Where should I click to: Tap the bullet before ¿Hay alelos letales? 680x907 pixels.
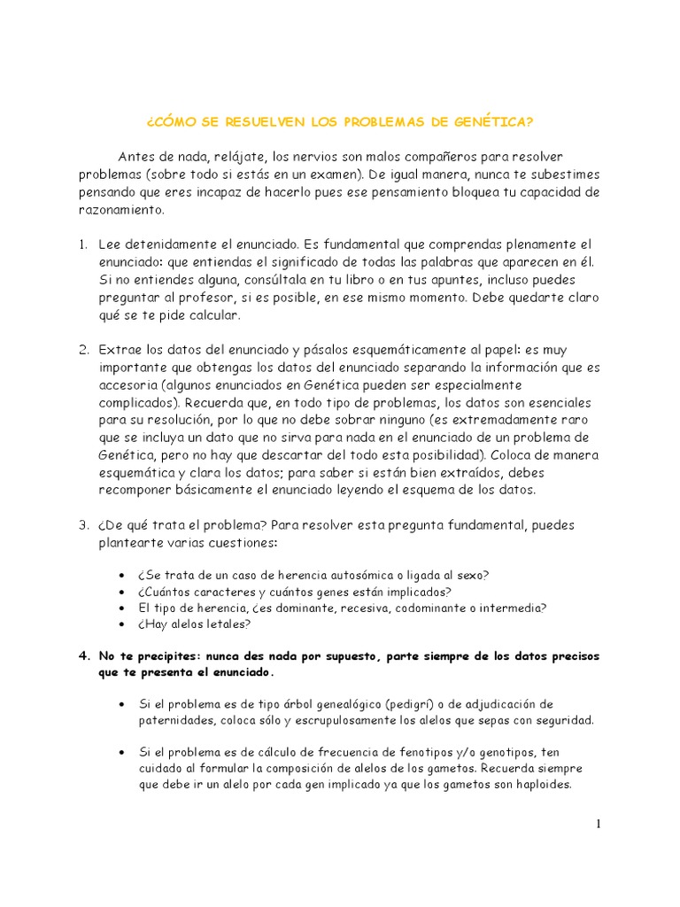121,624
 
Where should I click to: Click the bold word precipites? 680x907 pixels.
171,656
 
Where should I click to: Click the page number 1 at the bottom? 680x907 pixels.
598,825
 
